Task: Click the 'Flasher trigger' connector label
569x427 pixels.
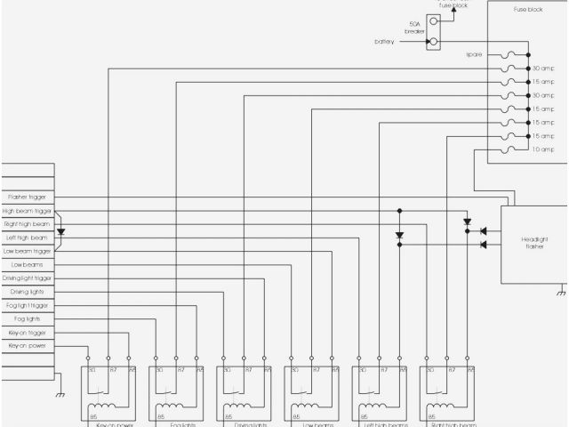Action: pyautogui.click(x=28, y=197)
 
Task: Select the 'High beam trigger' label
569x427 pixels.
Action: pyautogui.click(x=28, y=211)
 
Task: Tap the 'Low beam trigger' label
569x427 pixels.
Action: pyautogui.click(x=28, y=251)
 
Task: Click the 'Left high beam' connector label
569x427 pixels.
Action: pyautogui.click(x=28, y=238)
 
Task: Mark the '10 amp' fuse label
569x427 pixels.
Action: pyautogui.click(x=542, y=149)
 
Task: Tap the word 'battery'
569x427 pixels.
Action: pyautogui.click(x=385, y=42)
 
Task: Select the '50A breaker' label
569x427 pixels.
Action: pyautogui.click(x=415, y=28)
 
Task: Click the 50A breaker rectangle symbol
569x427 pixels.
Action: pyautogui.click(x=434, y=31)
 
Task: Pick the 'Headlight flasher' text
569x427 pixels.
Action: pyautogui.click(x=533, y=242)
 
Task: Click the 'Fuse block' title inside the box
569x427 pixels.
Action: pyautogui.click(x=529, y=11)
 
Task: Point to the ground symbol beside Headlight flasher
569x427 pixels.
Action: pyautogui.click(x=561, y=291)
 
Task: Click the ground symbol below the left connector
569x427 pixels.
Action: pyautogui.click(x=60, y=395)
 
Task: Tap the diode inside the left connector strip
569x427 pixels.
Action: pyautogui.click(x=60, y=231)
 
